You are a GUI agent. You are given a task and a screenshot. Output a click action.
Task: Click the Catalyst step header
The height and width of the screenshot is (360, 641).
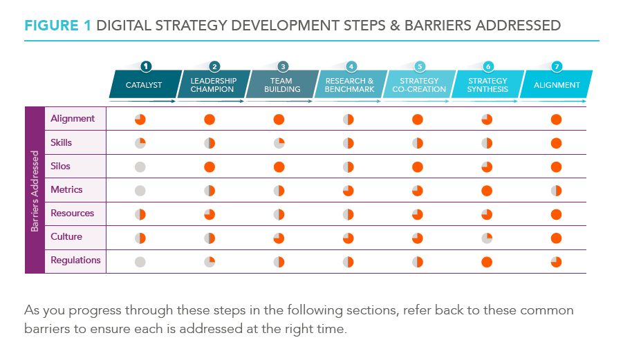click(x=144, y=85)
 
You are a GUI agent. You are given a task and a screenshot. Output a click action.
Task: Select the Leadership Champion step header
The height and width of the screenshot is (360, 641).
click(x=213, y=85)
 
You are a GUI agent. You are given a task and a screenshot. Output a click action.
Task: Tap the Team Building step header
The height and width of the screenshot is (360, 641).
click(x=282, y=85)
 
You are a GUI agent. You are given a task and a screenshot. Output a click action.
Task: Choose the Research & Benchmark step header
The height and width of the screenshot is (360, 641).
click(x=350, y=85)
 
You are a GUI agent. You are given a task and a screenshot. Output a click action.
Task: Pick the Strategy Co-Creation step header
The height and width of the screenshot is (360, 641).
click(x=419, y=85)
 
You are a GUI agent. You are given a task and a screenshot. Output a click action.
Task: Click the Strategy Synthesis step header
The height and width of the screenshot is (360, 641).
click(x=487, y=85)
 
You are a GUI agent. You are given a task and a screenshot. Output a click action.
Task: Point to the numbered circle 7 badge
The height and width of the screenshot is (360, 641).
click(x=557, y=66)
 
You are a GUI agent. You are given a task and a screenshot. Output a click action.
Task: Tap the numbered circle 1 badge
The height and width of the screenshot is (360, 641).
click(x=146, y=66)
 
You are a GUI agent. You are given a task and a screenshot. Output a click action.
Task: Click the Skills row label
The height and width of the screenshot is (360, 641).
click(x=61, y=142)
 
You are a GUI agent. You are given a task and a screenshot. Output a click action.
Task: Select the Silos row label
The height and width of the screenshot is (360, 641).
click(x=60, y=166)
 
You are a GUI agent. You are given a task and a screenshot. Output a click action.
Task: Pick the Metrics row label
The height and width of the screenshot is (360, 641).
click(x=66, y=189)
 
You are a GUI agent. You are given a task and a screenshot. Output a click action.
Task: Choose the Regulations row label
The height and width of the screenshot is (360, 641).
click(x=75, y=260)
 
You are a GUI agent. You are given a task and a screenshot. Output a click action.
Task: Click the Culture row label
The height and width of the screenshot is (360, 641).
click(x=66, y=236)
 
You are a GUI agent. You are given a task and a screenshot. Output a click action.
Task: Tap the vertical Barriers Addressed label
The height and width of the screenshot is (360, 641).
click(x=35, y=190)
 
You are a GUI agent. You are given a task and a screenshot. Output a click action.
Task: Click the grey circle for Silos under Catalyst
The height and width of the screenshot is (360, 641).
click(x=140, y=167)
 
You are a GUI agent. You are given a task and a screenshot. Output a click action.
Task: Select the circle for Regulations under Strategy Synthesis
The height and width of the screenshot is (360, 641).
click(x=487, y=262)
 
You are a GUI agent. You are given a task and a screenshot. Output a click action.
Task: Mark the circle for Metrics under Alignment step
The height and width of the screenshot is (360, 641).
click(x=556, y=191)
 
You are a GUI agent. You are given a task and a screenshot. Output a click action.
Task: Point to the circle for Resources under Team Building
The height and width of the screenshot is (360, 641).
click(x=279, y=214)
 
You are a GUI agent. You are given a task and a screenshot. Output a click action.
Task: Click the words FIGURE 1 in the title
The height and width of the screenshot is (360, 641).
click(x=58, y=26)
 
